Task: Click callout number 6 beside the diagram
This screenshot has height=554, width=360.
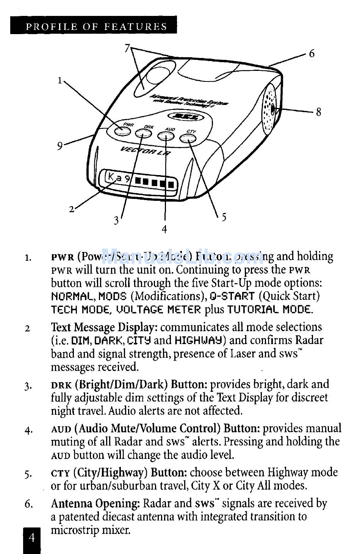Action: pos(311,53)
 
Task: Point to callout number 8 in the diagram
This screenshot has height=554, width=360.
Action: pos(318,112)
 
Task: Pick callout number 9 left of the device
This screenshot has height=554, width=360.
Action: pos(60,146)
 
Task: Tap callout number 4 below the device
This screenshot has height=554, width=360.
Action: pos(164,229)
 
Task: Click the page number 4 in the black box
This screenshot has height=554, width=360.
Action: pos(32,537)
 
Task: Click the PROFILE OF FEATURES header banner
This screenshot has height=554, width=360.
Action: pos(96,27)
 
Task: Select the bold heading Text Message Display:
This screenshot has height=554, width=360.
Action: pos(104,327)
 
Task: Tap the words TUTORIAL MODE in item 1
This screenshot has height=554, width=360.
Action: pos(270,310)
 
